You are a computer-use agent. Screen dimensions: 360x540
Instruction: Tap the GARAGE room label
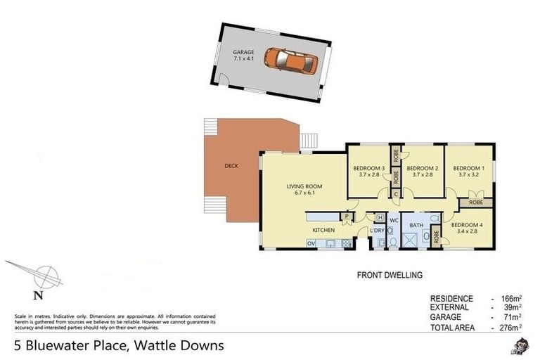pos(243,53)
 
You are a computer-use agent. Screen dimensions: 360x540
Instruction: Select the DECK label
pos(231,167)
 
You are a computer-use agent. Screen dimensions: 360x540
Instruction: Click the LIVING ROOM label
pos(304,186)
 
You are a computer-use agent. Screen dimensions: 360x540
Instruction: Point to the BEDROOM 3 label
pos(368,168)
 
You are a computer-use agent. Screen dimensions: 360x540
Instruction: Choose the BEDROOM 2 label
pos(423,168)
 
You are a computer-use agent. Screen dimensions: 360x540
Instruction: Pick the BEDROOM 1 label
pos(468,168)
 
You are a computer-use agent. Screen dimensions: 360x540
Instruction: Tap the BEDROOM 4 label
pos(467,225)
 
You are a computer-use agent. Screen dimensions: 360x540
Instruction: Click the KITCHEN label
pos(323,230)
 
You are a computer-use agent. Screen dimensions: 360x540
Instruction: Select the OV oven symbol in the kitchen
pos(311,243)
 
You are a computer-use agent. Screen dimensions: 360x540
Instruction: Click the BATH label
pos(416,225)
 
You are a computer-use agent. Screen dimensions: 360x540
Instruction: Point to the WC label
pos(394,219)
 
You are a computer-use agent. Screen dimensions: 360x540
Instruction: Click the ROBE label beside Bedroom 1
pos(475,202)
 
